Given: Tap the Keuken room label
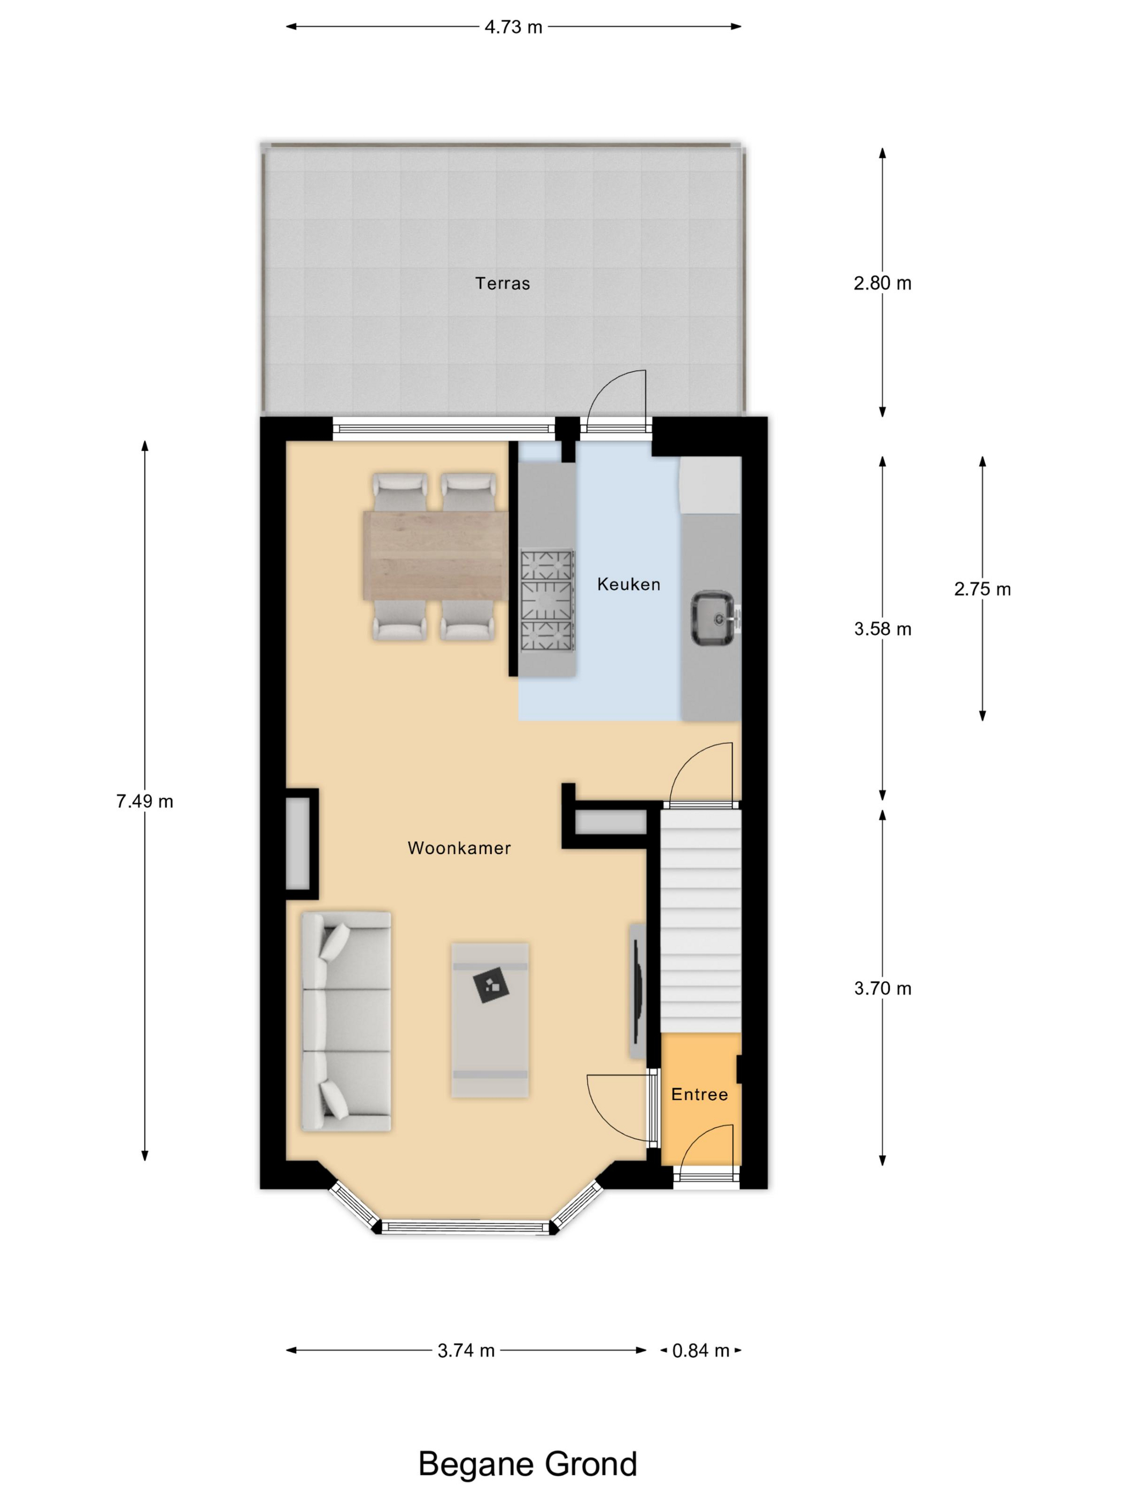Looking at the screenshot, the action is point(628,584).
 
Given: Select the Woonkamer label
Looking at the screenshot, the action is point(459,848).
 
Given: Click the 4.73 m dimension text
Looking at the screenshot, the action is point(514,27).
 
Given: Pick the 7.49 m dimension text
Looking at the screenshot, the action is point(145,801).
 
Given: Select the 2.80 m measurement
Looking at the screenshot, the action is point(882,283).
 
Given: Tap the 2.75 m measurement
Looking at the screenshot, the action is point(982,590).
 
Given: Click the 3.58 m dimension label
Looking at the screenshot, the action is point(882,629).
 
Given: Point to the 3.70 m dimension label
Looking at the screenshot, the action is point(882,988).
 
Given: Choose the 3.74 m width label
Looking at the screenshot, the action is point(466,1351).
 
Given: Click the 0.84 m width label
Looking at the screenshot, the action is point(700,1351).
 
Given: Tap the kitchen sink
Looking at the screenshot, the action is point(714,618).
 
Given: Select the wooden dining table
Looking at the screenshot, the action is point(435,555).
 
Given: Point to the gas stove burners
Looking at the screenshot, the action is point(547,600).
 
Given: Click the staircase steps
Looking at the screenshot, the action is point(700,921).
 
